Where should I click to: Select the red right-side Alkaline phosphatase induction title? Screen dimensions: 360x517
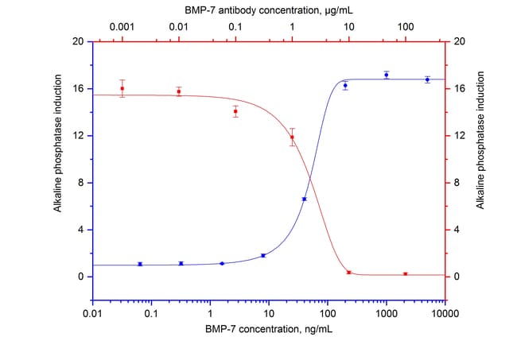[x=480, y=160]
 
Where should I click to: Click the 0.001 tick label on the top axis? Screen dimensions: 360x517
[x=122, y=25]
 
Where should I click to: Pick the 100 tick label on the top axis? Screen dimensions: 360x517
[x=406, y=25]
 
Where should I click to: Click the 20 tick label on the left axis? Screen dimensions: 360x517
[x=80, y=41]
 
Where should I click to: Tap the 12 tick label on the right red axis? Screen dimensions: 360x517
[x=458, y=136]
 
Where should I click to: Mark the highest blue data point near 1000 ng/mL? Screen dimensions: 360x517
[x=386, y=75]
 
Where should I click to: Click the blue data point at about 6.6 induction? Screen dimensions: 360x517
[x=304, y=199]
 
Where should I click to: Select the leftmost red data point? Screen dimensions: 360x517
[x=122, y=88]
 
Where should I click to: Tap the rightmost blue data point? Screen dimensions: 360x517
[x=427, y=79]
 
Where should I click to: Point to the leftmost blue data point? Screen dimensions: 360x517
[x=140, y=264]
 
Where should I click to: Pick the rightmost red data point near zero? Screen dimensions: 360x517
[x=406, y=274]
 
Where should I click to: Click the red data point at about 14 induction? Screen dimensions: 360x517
[x=235, y=111]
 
